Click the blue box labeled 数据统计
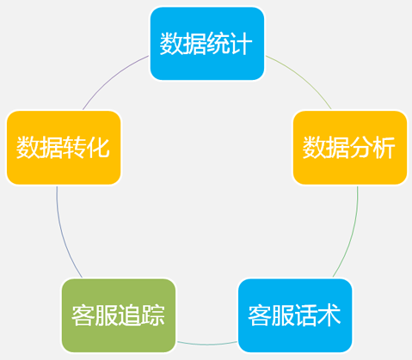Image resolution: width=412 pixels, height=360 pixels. coord(207,44)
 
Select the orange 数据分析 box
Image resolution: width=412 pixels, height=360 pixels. coord(350,148)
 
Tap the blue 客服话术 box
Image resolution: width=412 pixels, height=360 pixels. coord(295,315)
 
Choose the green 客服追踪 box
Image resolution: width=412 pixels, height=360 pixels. coord(119,315)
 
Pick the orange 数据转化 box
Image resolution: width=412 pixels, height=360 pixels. coord(64,148)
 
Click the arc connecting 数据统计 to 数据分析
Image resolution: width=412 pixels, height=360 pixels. coord(303,76)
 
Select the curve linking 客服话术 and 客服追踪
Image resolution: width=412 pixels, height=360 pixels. coord(207,345)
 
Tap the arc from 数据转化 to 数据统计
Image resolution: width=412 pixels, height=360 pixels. coord(111,76)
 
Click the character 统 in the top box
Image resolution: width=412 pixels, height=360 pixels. coord(218,44)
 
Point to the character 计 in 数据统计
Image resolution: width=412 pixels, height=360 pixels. coord(241,44)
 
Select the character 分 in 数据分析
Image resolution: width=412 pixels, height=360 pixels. coord(360,148)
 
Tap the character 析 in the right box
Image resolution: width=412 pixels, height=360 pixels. coord(384,148)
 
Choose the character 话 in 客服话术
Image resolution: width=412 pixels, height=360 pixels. coord(305,315)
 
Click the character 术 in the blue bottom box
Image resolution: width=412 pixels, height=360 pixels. coord(329,315)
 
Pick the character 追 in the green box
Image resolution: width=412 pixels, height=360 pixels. coord(129,315)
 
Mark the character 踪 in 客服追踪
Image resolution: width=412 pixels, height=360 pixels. coord(153,315)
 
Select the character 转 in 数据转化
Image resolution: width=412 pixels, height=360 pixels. coord(74,148)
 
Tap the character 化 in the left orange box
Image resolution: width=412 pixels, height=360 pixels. coord(97,148)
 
